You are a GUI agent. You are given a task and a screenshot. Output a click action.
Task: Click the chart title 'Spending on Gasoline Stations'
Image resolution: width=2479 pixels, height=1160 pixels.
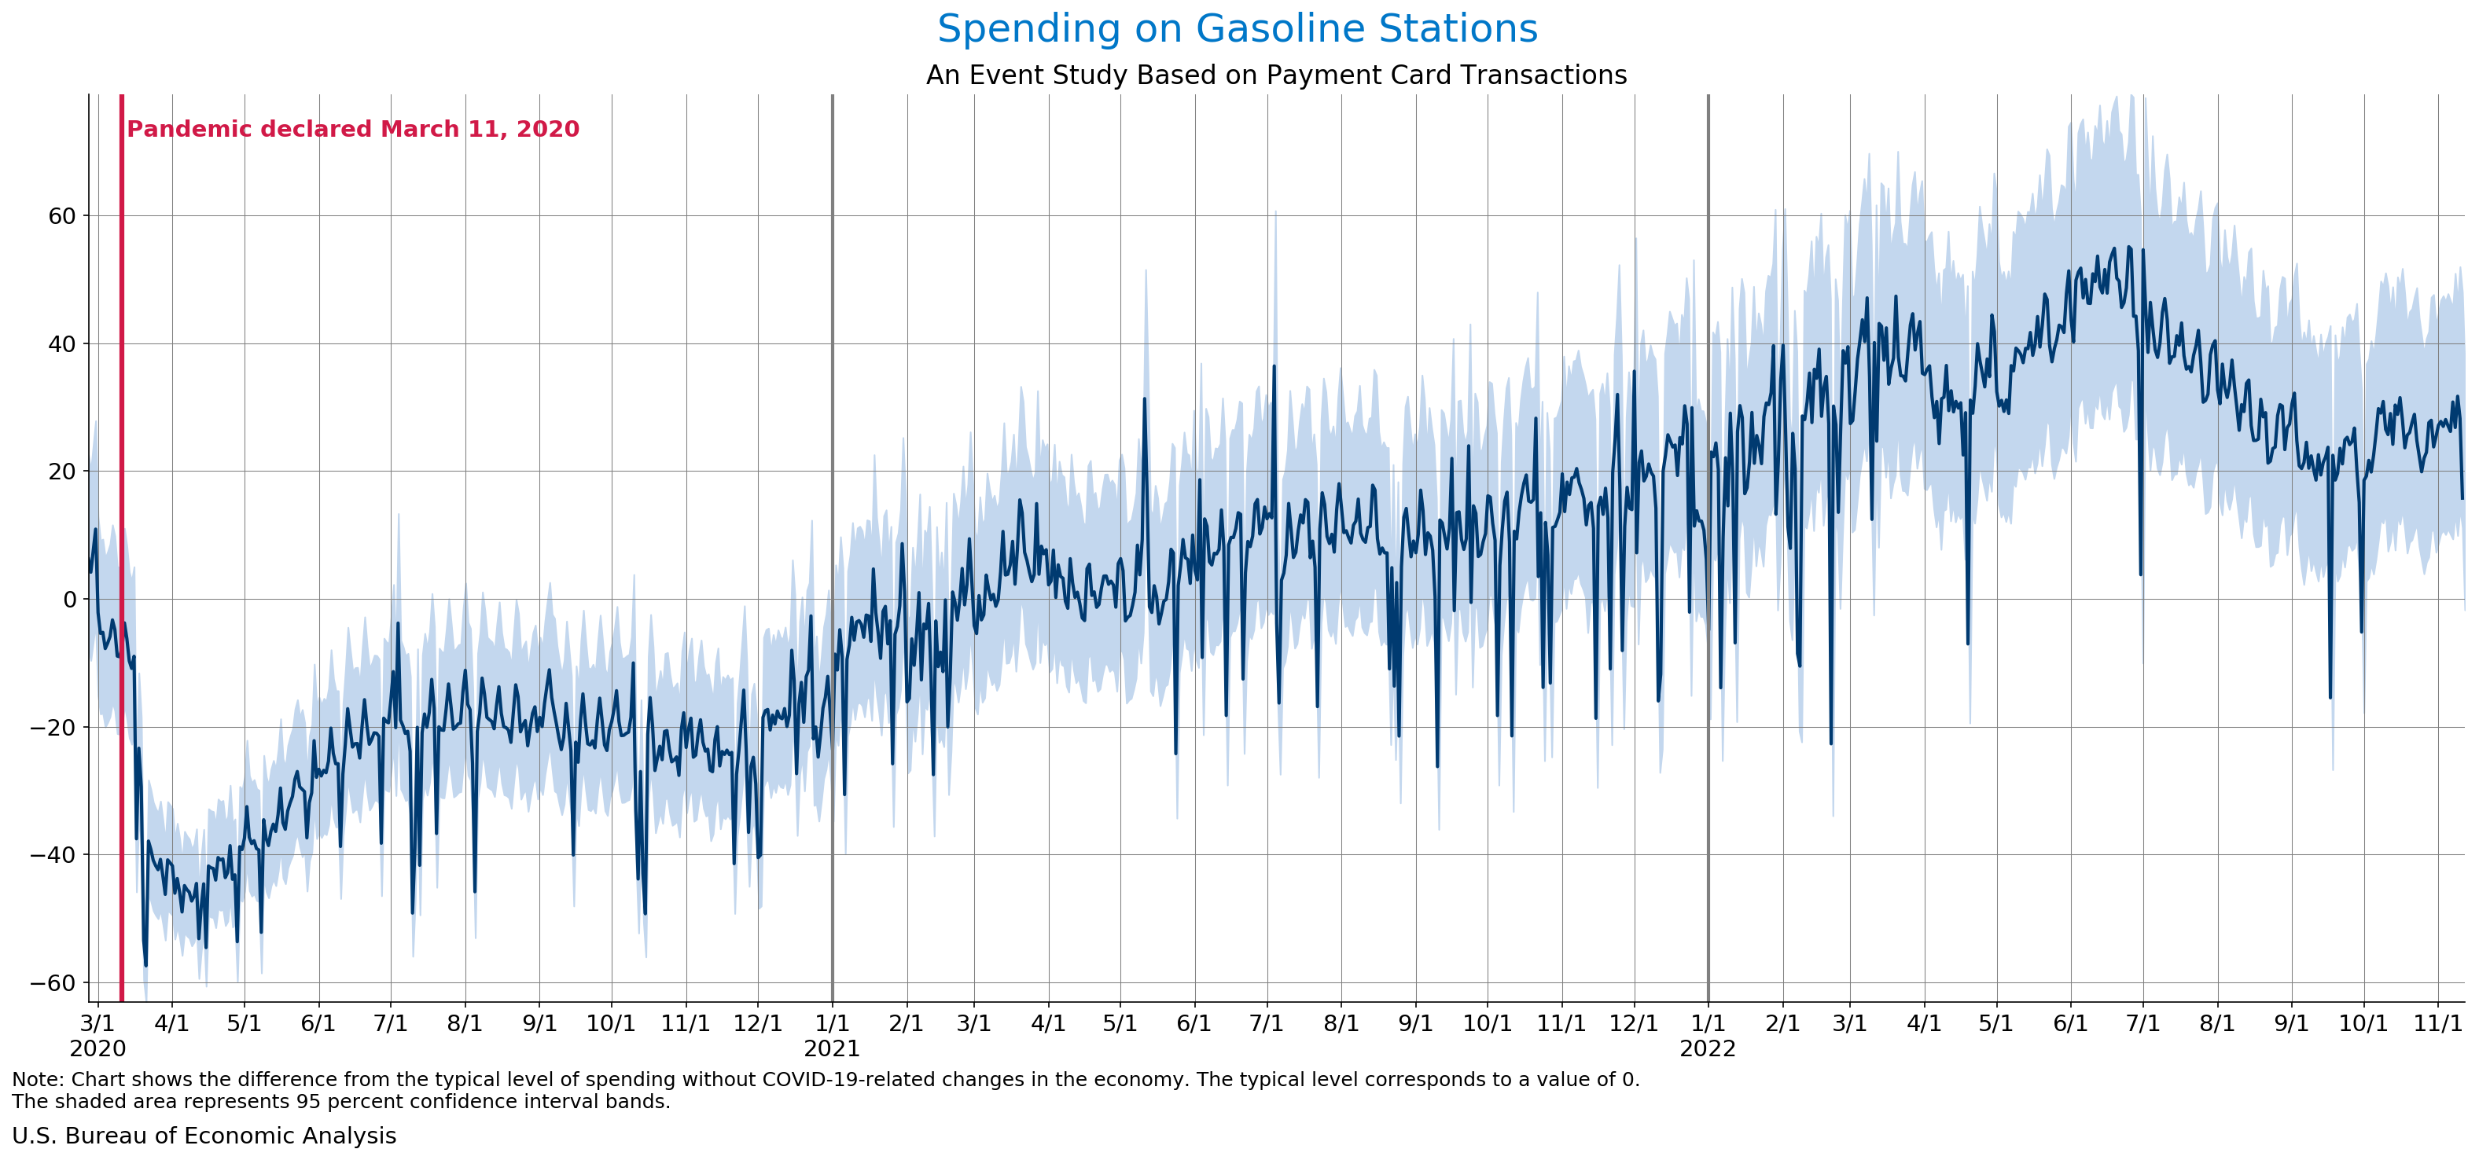(1238, 29)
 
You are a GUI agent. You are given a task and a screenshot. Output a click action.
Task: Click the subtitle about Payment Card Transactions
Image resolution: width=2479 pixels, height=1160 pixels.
(1276, 75)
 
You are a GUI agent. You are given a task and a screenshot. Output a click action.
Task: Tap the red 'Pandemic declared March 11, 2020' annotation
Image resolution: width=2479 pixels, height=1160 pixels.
(352, 129)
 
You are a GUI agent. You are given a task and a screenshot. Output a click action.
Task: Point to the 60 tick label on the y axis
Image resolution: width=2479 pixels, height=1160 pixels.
(61, 216)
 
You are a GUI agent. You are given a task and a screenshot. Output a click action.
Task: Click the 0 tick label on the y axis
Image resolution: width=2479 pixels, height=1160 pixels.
(69, 599)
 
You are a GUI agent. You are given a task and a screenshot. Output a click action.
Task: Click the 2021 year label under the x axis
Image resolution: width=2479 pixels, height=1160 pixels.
(832, 1048)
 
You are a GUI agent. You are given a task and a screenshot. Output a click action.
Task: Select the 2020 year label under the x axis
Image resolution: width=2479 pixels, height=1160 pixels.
(97, 1048)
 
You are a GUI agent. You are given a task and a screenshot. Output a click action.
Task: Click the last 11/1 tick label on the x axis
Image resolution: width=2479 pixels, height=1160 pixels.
(2437, 1023)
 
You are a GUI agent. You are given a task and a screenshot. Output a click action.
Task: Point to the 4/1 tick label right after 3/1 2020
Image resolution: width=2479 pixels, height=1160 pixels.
(171, 1023)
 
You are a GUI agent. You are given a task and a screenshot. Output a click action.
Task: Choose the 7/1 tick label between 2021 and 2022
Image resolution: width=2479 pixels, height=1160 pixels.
(1267, 1023)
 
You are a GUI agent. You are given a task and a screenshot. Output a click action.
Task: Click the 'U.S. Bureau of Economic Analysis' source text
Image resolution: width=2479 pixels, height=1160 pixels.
(204, 1136)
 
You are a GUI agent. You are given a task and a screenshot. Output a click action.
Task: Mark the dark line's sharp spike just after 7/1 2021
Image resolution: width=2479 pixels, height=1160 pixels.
(1274, 366)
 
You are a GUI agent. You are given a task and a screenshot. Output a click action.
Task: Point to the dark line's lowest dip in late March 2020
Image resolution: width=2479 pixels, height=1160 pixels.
(145, 965)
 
